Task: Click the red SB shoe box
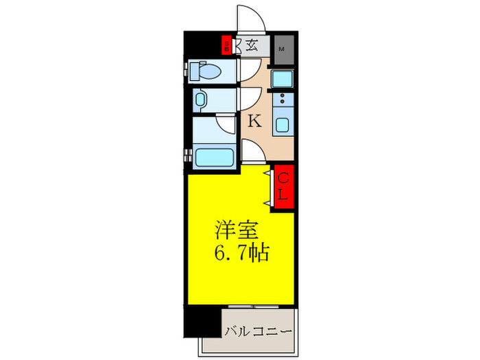226,46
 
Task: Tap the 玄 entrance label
252,46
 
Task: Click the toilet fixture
207,71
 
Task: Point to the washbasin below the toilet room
200,100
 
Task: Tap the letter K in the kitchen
254,122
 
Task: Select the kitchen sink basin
283,125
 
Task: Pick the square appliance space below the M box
282,79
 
